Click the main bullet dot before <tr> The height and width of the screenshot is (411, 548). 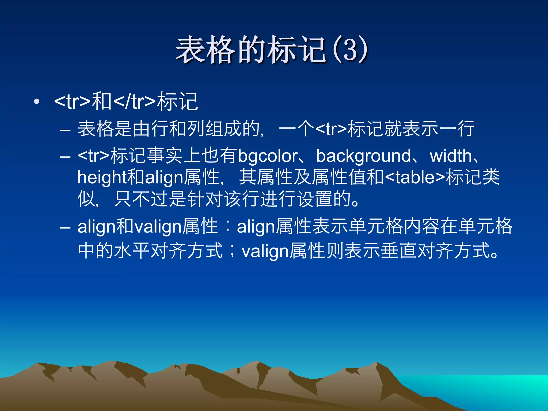coord(37,102)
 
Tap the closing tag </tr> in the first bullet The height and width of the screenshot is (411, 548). coord(135,102)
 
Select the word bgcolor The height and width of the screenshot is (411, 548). coord(268,156)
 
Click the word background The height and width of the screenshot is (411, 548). coord(363,156)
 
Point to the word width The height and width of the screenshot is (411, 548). coord(451,156)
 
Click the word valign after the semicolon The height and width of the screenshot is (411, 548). coord(265,252)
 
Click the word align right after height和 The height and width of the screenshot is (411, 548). coord(164,177)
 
